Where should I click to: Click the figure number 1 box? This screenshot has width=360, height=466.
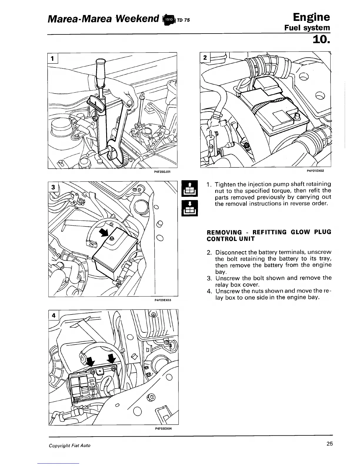(53, 58)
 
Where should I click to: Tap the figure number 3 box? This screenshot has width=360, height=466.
(53, 187)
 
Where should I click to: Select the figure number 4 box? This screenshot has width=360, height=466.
(54, 316)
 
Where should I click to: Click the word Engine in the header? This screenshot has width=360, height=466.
(309, 17)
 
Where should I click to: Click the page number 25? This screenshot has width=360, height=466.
(329, 444)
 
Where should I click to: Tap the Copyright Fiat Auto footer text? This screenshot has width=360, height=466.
(70, 445)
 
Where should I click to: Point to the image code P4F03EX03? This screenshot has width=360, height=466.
(163, 300)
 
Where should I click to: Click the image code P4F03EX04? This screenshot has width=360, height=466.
(163, 428)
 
